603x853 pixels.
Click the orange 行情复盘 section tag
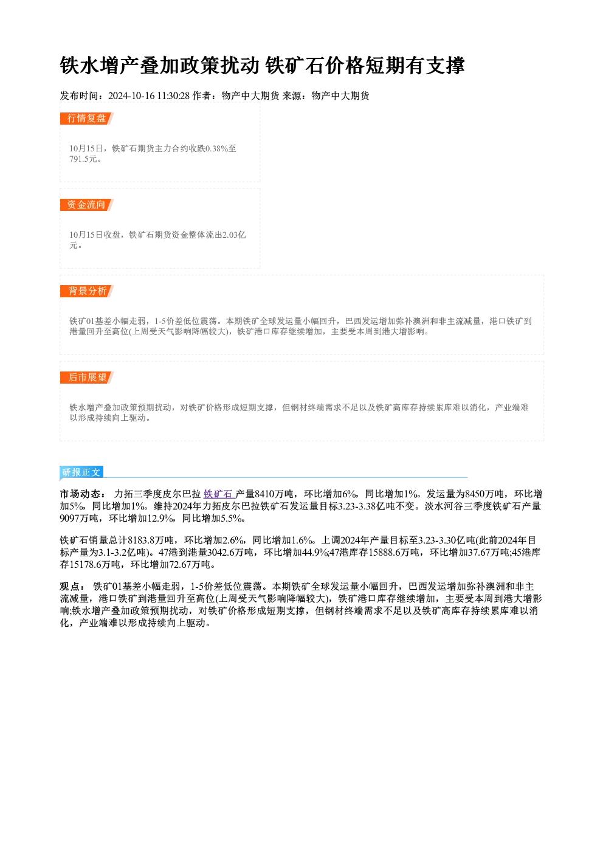pos(87,119)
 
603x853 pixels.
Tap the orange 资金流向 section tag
pos(87,205)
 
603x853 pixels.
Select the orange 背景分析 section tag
pos(87,291)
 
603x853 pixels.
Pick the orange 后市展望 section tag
pos(87,378)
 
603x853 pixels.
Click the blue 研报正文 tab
pos(81,472)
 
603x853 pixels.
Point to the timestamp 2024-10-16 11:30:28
pos(149,95)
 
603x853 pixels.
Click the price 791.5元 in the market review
pos(83,159)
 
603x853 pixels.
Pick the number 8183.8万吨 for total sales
pos(151,540)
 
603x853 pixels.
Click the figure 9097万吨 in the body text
pos(79,518)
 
